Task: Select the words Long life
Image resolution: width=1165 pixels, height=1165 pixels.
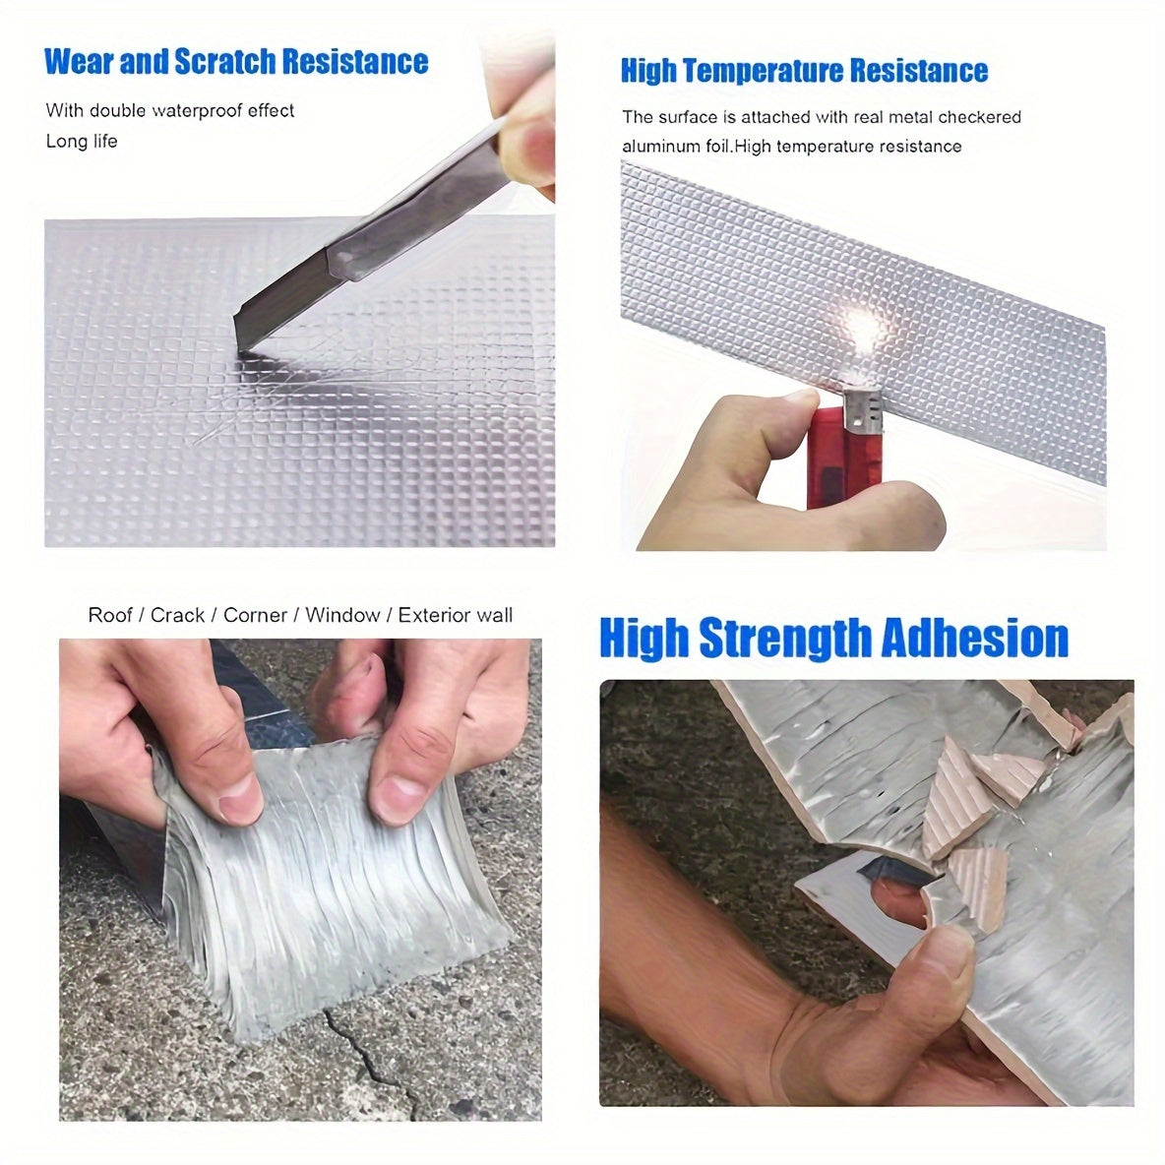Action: pyautogui.click(x=81, y=141)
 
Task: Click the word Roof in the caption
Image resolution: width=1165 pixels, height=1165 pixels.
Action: pyautogui.click(x=109, y=615)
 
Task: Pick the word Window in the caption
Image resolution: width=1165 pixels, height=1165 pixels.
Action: pyautogui.click(x=341, y=615)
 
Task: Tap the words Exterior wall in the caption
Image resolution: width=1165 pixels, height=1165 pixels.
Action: pyautogui.click(x=456, y=615)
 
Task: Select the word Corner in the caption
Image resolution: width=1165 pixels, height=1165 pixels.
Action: pyautogui.click(x=255, y=615)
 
